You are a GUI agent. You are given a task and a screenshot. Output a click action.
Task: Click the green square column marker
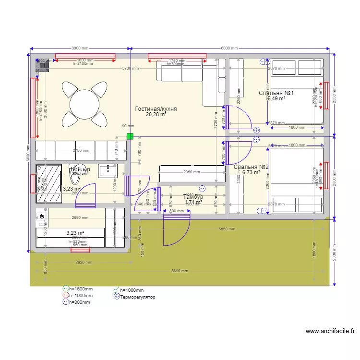(x=130, y=136)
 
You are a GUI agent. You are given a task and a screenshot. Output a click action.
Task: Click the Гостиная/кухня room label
(x=156, y=109)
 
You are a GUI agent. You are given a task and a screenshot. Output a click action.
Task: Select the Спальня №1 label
(x=276, y=93)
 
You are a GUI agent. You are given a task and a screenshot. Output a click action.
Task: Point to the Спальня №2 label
(x=251, y=167)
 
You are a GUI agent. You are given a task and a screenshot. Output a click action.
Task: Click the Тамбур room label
(x=193, y=197)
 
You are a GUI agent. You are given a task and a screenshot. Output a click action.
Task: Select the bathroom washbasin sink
(x=108, y=171)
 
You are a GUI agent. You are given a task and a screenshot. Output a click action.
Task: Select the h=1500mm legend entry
(x=80, y=289)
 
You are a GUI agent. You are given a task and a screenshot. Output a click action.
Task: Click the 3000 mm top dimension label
(x=80, y=48)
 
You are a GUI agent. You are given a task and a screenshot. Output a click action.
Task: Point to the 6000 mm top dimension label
(x=229, y=48)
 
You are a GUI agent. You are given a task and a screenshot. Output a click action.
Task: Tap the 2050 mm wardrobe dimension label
(x=191, y=172)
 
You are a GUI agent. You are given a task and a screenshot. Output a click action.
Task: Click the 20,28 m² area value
(x=156, y=115)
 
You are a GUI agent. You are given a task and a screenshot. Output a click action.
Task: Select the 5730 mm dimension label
(x=130, y=69)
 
